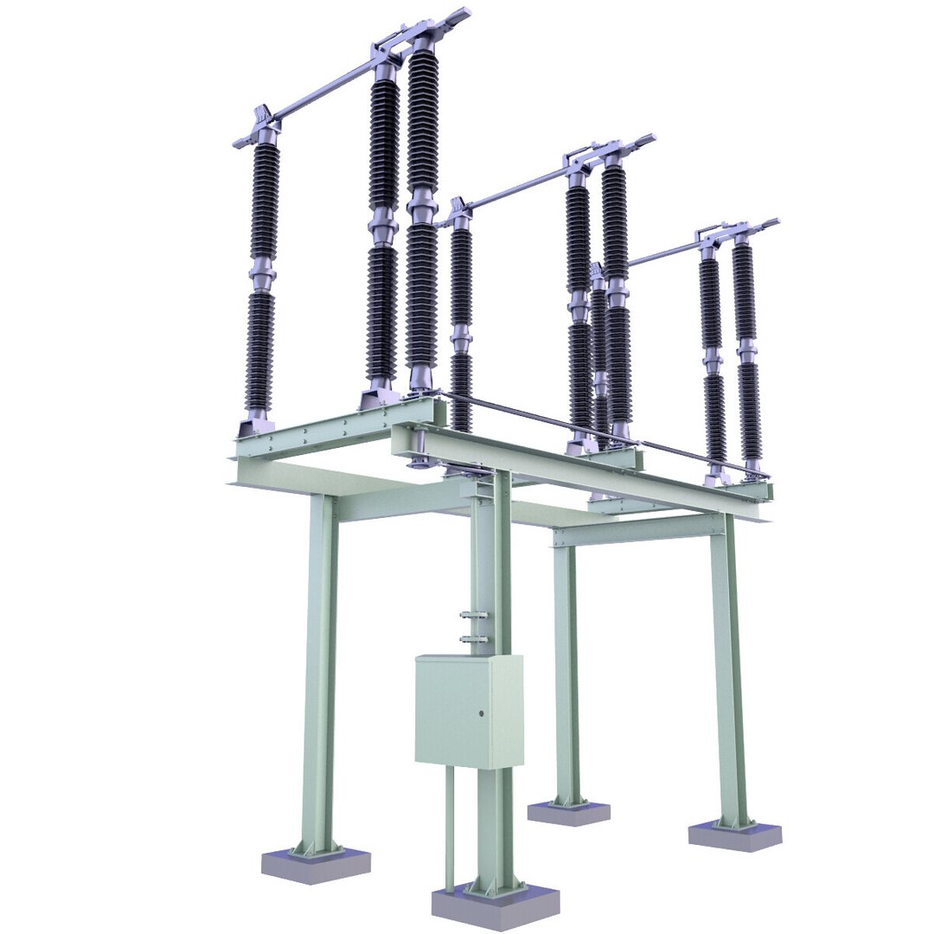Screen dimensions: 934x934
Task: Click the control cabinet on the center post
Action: pyautogui.click(x=468, y=711)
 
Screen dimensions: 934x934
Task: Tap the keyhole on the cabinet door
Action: pyautogui.click(x=481, y=713)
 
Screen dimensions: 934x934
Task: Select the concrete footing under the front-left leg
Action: pyautogui.click(x=316, y=864)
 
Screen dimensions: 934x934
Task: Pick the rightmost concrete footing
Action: pyautogui.click(x=734, y=835)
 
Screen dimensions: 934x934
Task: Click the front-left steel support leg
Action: pyautogui.click(x=319, y=675)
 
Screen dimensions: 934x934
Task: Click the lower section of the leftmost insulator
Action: pyautogui.click(x=259, y=350)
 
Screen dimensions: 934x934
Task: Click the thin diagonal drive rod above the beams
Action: pyautogui.click(x=597, y=432)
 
